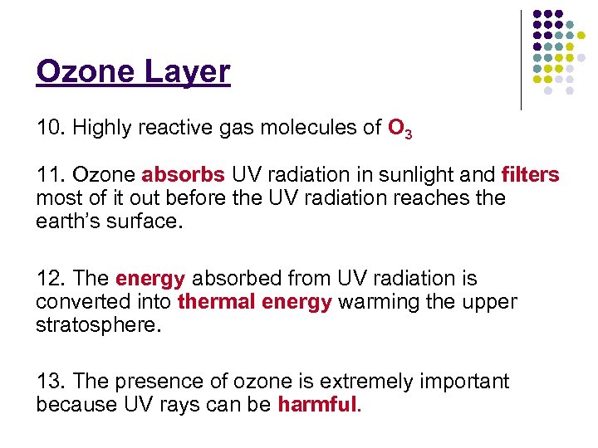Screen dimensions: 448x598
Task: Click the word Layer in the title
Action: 188,72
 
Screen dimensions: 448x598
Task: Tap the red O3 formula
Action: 399,129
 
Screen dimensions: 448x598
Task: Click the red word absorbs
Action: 183,176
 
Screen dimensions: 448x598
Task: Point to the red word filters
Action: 530,176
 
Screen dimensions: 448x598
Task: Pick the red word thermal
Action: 217,302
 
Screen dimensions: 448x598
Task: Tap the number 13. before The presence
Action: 51,382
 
